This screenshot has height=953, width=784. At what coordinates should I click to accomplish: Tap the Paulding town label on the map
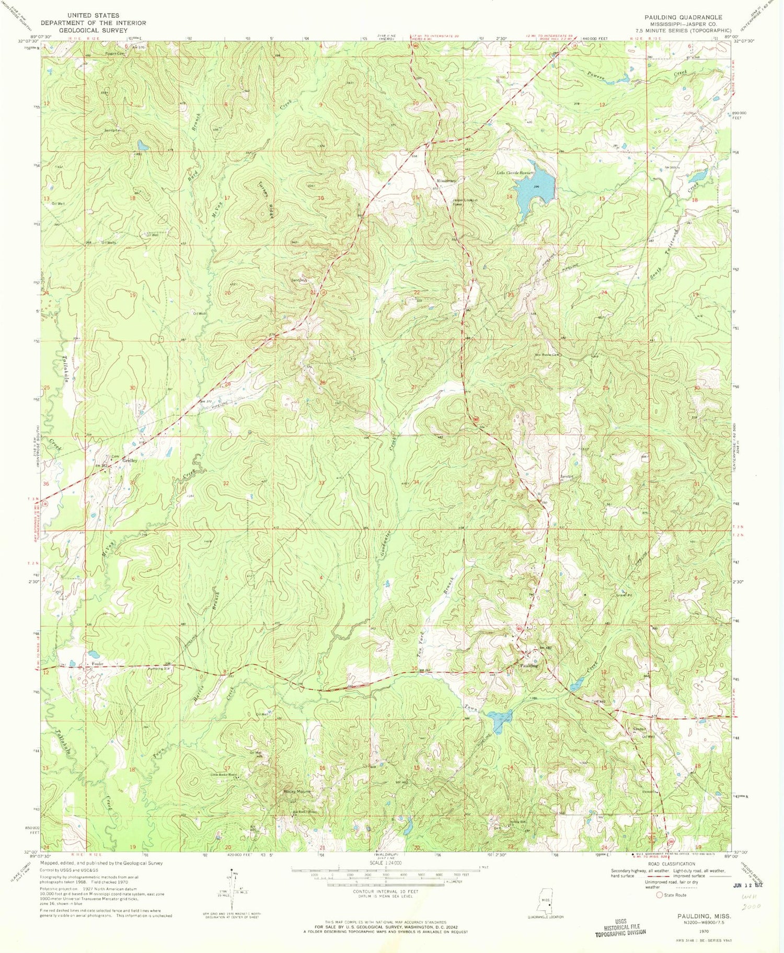click(x=529, y=665)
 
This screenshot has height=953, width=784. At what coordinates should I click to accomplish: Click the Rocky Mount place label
click(x=297, y=791)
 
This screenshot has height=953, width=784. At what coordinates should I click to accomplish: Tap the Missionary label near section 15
click(x=447, y=180)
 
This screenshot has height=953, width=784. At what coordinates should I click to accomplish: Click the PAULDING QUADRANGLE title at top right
click(x=683, y=17)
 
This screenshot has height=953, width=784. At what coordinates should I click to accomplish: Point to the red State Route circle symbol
click(x=660, y=895)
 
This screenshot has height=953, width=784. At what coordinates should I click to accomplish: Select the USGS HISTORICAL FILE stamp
click(x=620, y=927)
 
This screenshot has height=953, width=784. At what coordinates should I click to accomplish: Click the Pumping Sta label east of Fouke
click(x=160, y=668)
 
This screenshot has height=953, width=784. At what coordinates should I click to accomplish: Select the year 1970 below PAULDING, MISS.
click(x=704, y=931)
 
